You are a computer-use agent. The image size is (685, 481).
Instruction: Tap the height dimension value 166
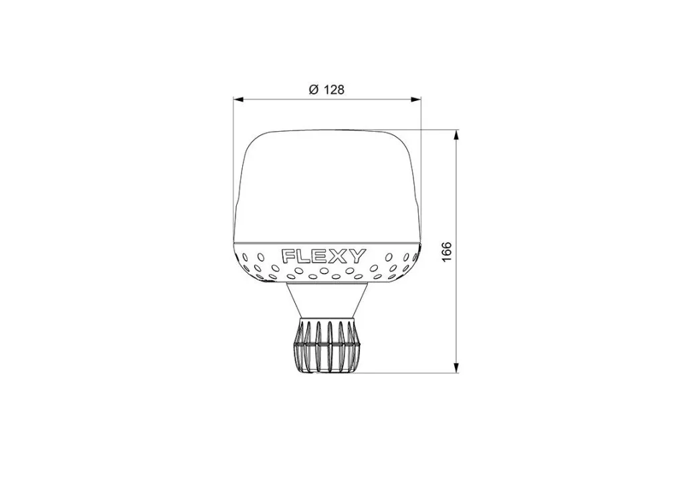(446, 252)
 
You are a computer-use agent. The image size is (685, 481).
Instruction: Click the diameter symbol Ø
(314, 90)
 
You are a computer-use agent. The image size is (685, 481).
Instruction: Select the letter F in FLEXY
(288, 256)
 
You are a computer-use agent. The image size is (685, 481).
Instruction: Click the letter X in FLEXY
(340, 256)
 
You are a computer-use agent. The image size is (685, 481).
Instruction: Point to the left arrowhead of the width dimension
(239, 100)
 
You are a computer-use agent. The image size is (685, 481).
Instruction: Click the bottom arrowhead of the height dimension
(456, 368)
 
